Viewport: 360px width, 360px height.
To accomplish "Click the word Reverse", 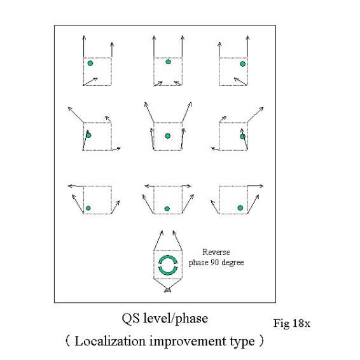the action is click(216, 253).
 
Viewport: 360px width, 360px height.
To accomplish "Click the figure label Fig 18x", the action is click(291, 323).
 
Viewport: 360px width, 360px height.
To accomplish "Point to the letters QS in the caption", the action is click(130, 319).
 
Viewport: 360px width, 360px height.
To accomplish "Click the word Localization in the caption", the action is click(110, 341).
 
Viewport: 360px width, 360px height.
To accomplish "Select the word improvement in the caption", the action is click(188, 342).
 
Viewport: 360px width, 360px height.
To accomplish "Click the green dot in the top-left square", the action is click(90, 63).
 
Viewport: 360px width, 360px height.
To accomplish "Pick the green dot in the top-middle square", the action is click(169, 62).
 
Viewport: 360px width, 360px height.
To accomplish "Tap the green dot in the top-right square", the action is click(242, 64).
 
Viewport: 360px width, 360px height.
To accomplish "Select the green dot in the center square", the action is click(168, 136).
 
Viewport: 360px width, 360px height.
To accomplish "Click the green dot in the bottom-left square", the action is click(88, 208).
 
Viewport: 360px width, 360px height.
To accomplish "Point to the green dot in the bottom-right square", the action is click(240, 208).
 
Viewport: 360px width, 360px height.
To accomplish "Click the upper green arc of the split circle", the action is click(168, 258).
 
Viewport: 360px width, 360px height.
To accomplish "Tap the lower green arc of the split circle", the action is click(168, 272).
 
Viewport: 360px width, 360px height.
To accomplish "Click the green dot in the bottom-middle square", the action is click(167, 209).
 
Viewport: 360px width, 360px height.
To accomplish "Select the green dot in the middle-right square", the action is click(242, 137).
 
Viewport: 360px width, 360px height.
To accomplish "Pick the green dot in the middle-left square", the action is click(88, 135).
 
